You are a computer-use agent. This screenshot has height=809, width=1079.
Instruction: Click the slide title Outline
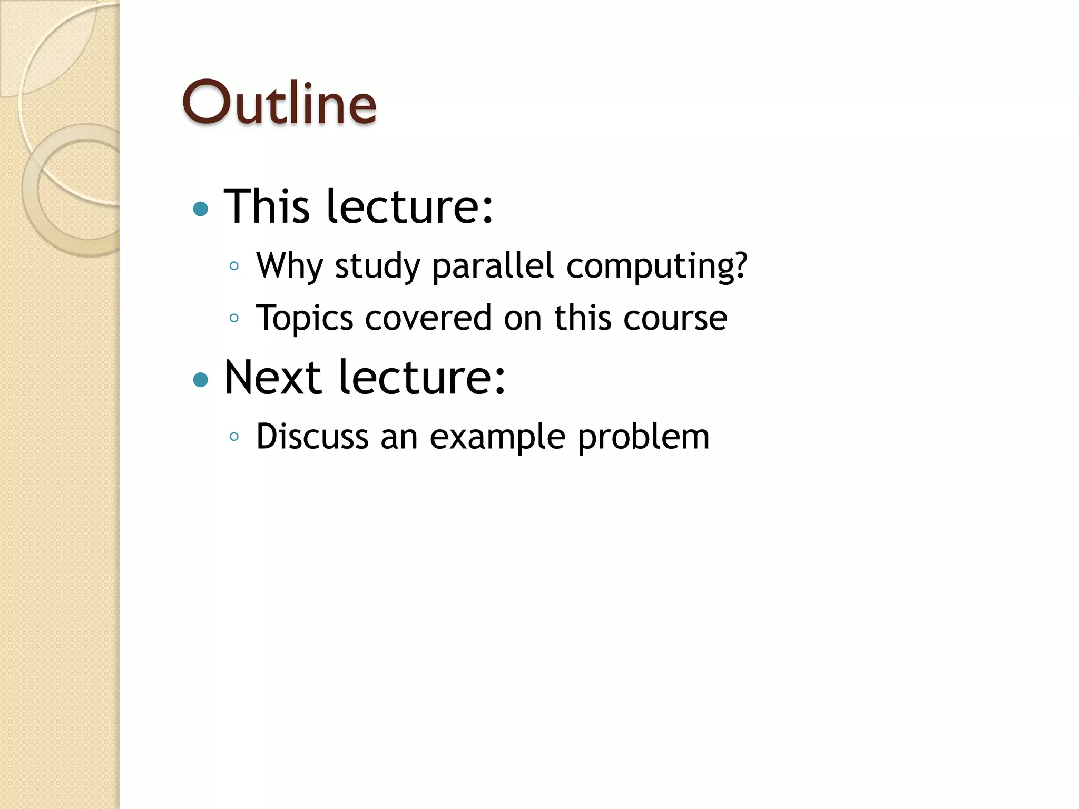coord(279,103)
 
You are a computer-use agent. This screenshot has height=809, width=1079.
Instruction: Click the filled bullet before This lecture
coord(201,210)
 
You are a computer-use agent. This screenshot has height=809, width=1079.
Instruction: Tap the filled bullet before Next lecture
coord(201,380)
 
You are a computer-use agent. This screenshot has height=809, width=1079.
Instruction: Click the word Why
coord(289,266)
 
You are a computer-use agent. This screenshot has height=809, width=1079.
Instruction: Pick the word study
coord(377,266)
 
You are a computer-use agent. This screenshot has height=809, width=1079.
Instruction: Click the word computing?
coord(656,266)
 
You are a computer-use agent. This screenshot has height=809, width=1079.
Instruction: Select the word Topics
coord(305,319)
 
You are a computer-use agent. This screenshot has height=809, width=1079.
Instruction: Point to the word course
coord(675,318)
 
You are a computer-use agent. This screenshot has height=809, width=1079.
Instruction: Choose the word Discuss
coord(312,437)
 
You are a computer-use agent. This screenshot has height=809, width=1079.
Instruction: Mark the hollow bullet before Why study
coord(234,266)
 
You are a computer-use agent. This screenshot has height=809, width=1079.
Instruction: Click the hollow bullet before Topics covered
coord(234,318)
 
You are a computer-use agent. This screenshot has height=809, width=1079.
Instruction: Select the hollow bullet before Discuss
coord(234,437)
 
